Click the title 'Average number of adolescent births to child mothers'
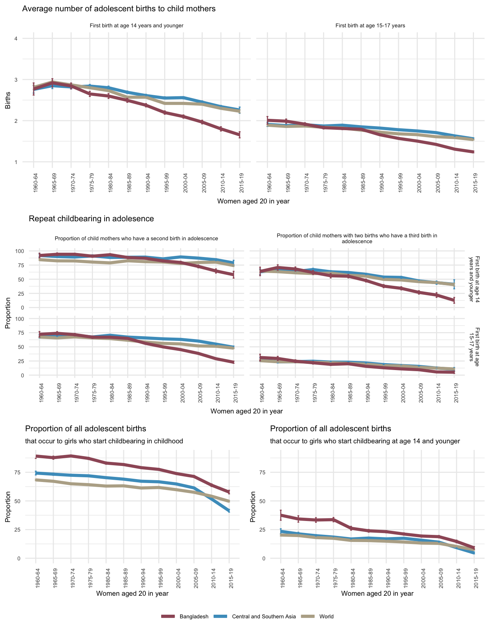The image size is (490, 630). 119,9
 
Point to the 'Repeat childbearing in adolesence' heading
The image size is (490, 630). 91,219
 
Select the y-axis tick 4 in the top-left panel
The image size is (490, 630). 16,39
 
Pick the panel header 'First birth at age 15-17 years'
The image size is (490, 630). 370,26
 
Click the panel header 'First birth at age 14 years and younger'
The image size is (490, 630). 136,26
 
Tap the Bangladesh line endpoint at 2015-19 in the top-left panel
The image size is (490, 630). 240,135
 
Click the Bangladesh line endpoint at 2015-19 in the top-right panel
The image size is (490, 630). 473,152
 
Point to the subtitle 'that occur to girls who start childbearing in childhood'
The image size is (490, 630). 104,441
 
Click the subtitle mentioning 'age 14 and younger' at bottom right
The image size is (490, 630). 365,441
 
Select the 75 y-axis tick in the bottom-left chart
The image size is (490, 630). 18,472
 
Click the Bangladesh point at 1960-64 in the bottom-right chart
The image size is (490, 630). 281,515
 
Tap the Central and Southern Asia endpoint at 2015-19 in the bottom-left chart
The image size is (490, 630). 229,510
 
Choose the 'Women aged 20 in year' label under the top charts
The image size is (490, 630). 253,201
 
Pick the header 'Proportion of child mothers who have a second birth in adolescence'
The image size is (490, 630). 136,238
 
